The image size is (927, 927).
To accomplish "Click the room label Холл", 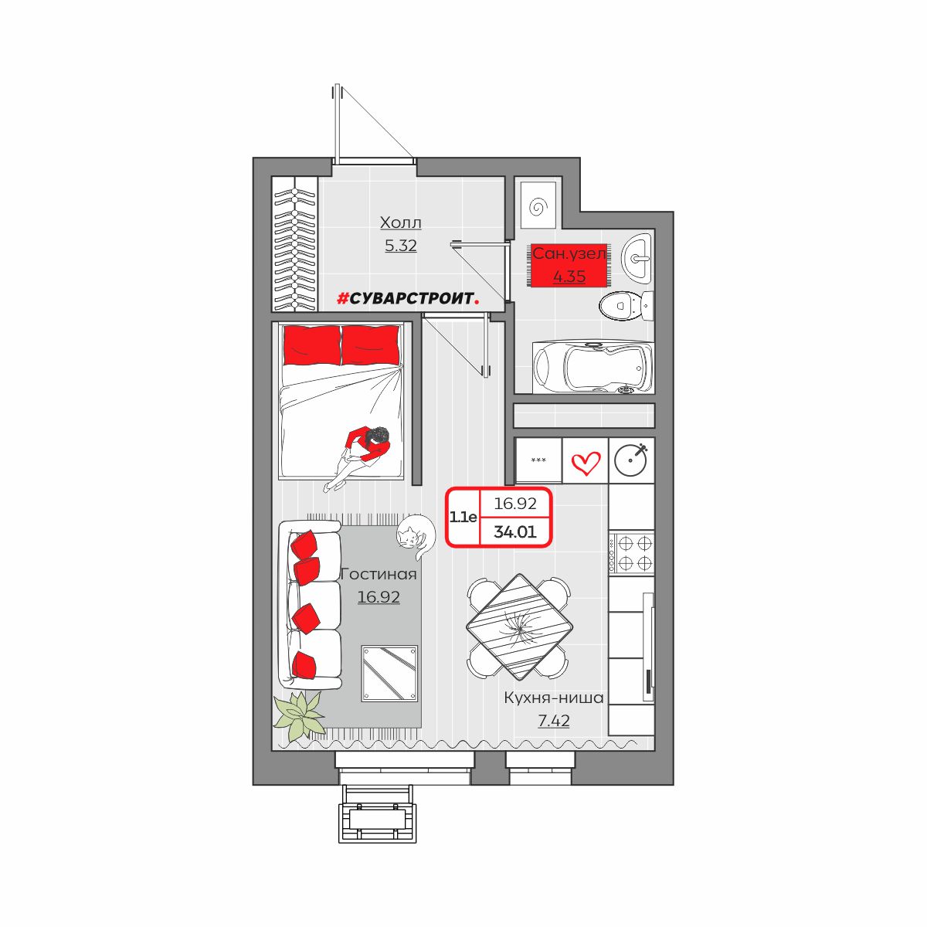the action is pos(400,222).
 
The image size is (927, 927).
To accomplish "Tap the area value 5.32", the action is pos(400,246).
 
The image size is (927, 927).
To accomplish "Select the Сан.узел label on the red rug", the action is pos(569,253).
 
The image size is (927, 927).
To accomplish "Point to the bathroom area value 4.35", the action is pos(569,276).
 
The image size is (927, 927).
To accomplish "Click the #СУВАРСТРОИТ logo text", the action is pos(408,299).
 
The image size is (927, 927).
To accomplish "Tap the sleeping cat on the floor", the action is pos(416,535).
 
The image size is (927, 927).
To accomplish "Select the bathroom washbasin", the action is pos(637,256).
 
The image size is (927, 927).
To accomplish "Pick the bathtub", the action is pos(593,368).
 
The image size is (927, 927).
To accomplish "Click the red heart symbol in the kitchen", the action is pos(586,462).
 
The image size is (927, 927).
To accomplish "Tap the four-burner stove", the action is pos(631,552).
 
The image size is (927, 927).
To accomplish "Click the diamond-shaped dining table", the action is pos(520,626).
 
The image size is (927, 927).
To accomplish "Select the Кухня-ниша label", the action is pos(554,698).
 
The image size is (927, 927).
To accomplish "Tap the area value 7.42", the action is pos(554,721).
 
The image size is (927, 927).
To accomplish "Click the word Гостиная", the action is pos(379,575).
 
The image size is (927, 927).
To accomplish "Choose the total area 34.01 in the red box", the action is pos(514,531).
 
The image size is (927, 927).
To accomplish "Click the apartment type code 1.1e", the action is pos(463,517).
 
